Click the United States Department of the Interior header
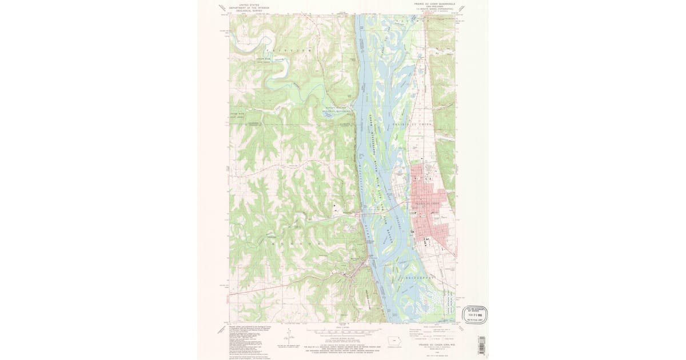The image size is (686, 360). (x=249, y=7)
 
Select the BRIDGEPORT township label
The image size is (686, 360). (x=420, y=277)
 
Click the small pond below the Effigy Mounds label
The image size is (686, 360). (x=328, y=115)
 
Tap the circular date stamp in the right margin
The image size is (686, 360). (x=474, y=315)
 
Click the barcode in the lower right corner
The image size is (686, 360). (x=481, y=345)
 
